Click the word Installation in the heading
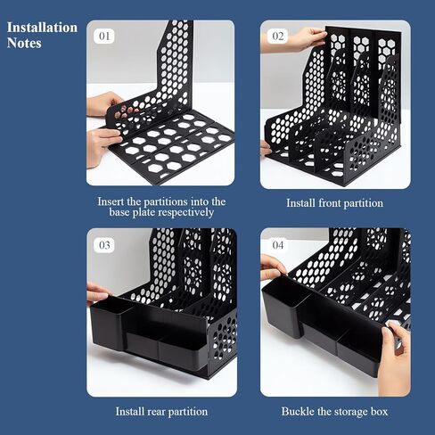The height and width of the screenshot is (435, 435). pos(42,28)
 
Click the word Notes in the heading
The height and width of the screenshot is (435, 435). pos(24,43)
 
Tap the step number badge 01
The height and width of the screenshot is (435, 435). pos(104,37)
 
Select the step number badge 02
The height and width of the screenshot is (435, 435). pos(278,37)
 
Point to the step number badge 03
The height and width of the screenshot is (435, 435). pos(104,245)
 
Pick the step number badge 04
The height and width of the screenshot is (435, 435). pos(278,245)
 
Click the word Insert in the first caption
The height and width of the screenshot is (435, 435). pos(111,201)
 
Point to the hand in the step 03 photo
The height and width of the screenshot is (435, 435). pos(96,293)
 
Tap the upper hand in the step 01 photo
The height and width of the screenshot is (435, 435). pos(104,103)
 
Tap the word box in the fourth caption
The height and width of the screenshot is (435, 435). pos(380,412)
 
